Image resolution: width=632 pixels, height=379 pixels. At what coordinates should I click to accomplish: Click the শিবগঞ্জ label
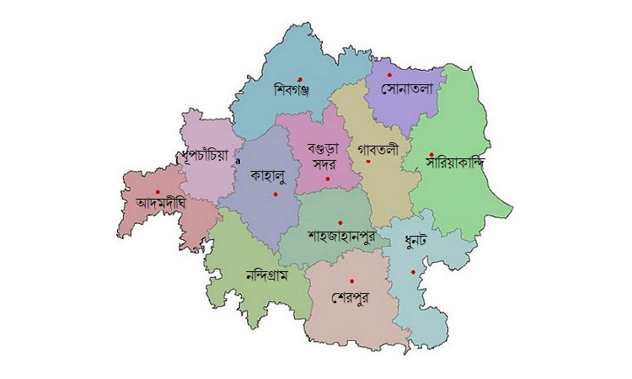click(x=292, y=91)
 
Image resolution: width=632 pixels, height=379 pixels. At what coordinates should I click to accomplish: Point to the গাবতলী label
click(x=378, y=149)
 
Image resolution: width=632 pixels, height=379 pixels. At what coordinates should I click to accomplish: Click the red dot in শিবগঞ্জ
click(x=300, y=79)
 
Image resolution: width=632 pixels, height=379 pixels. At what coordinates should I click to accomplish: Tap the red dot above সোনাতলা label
click(x=389, y=75)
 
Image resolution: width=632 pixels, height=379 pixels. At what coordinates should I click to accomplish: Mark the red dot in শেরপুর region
click(x=353, y=280)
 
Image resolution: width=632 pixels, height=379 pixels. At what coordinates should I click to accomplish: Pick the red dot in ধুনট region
click(x=413, y=271)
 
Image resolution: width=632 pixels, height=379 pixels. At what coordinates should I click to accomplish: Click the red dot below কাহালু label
click(x=275, y=195)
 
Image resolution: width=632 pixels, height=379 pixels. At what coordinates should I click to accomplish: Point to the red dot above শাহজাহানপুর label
click(x=340, y=222)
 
